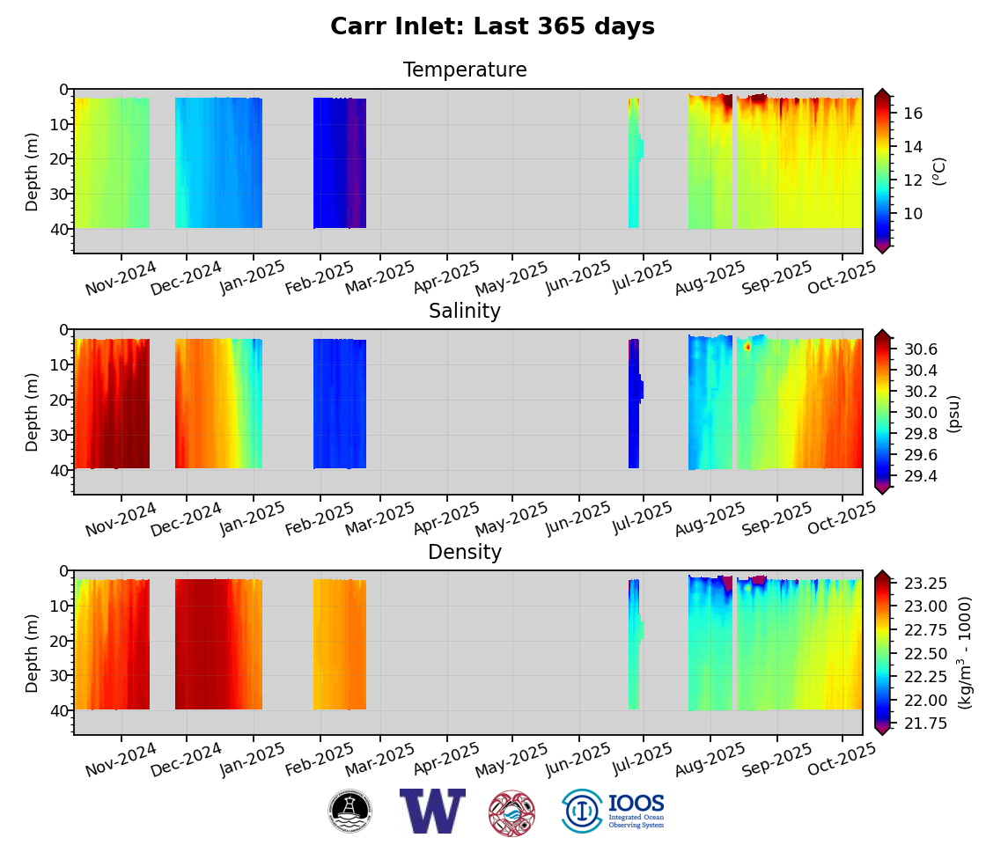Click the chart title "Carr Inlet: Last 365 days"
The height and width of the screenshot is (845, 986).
tap(492, 27)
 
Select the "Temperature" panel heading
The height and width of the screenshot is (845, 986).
tap(465, 70)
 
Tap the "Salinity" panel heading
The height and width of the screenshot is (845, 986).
tap(465, 312)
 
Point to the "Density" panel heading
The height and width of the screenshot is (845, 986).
tap(465, 553)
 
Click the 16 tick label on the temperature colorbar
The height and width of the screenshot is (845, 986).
tap(913, 113)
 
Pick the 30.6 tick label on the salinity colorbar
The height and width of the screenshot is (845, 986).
tap(919, 349)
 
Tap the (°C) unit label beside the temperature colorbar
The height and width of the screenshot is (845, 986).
tap(939, 171)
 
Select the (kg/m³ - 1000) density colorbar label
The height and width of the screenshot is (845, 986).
tap(965, 652)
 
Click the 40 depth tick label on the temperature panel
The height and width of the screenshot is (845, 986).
tap(58, 229)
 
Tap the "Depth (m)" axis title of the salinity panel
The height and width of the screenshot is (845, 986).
tap(33, 412)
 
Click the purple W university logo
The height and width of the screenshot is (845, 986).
tap(431, 811)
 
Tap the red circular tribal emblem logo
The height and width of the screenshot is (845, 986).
tap(511, 812)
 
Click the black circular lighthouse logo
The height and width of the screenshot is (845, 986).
tap(350, 811)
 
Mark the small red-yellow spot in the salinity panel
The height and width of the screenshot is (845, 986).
tap(747, 347)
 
